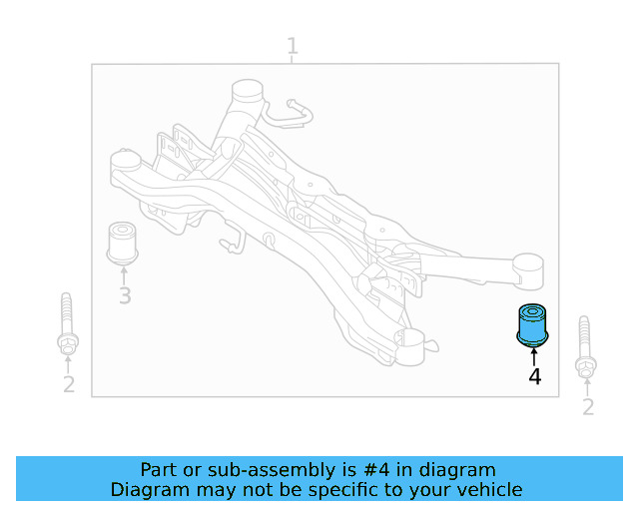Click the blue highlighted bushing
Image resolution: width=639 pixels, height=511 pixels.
[532, 325]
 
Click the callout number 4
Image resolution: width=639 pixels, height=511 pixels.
[535, 377]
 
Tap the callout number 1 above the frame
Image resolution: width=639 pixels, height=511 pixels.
[293, 46]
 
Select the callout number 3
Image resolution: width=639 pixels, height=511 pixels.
[125, 295]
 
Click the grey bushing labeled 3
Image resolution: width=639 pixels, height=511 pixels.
[122, 243]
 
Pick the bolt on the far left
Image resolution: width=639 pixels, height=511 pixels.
[67, 323]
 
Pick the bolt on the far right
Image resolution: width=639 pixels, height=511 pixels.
[585, 346]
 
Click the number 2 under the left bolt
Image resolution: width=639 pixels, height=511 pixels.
[69, 384]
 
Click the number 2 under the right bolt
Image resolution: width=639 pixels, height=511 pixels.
[588, 406]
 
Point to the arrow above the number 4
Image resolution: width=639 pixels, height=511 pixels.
[534, 357]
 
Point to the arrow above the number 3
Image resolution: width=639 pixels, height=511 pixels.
[124, 275]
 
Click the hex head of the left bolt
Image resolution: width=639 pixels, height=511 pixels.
[68, 345]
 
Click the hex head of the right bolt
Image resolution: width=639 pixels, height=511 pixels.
[586, 368]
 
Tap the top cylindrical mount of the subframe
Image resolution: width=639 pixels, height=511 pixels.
[248, 91]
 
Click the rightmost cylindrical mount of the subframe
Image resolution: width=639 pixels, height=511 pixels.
[528, 271]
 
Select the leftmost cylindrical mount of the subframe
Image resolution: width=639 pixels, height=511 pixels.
[125, 161]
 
